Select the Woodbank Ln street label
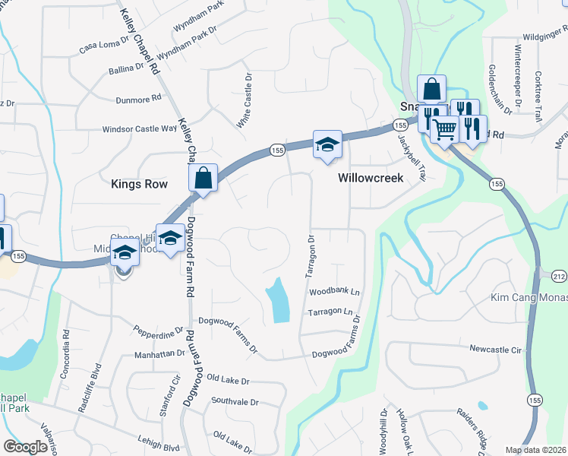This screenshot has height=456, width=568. tap(334, 292)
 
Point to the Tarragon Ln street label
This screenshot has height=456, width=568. tap(333, 312)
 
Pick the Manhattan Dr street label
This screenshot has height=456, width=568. tap(159, 353)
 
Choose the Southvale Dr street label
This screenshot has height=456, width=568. tap(235, 401)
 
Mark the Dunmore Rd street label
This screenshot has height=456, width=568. tap(139, 98)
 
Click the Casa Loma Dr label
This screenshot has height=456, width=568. tap(105, 46)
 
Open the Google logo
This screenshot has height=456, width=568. tap(26, 447)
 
